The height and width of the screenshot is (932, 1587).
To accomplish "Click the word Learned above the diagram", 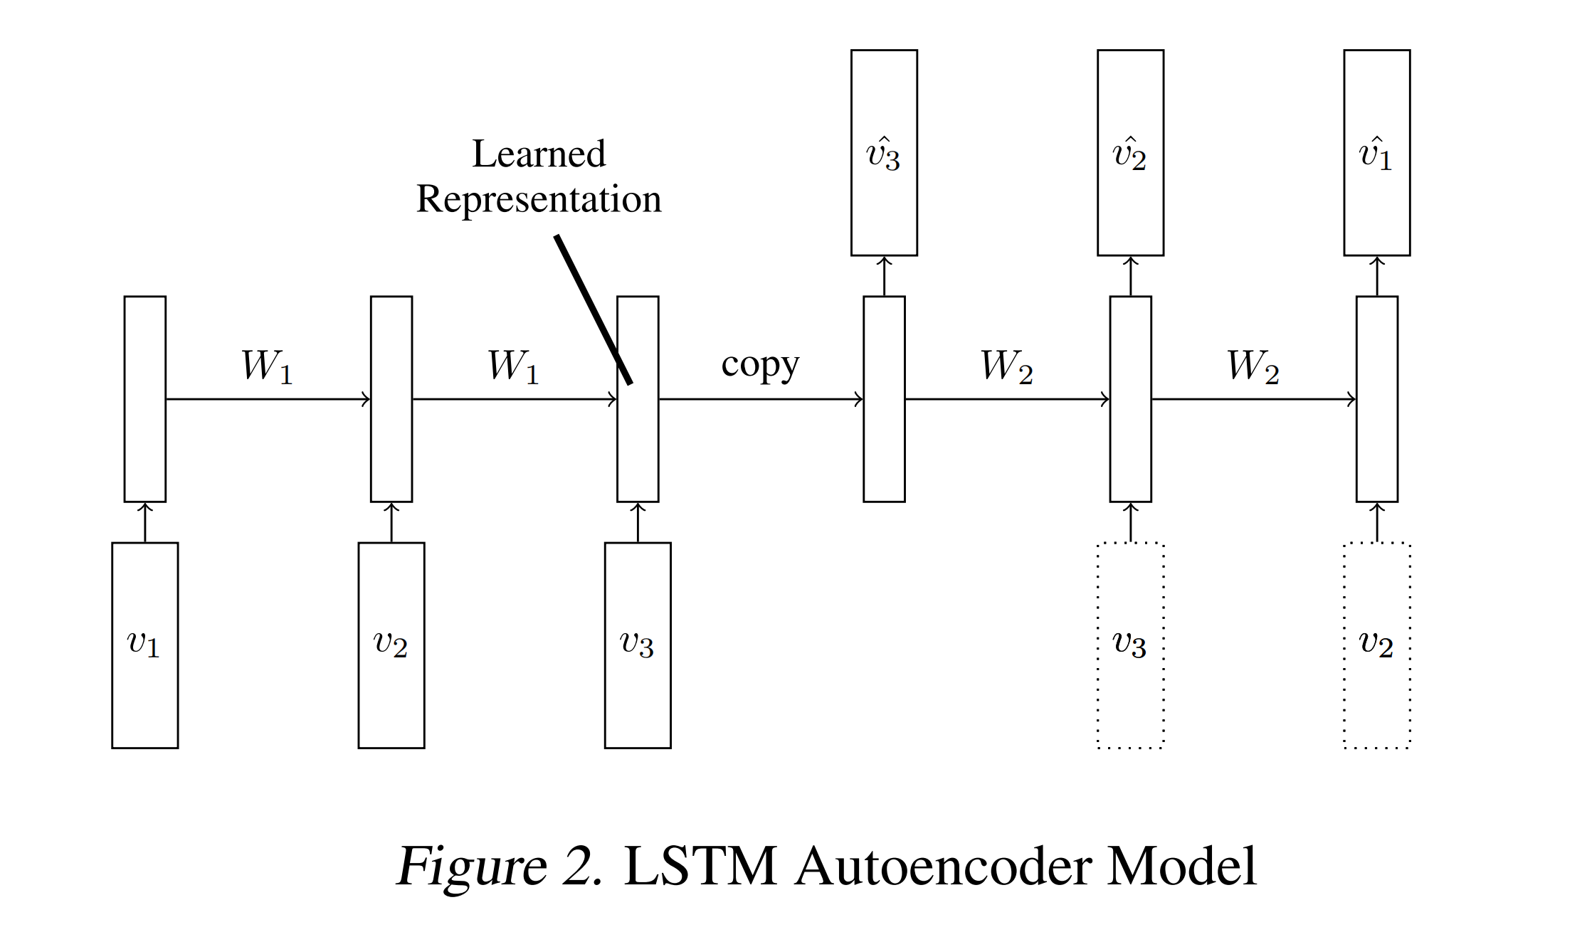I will pyautogui.click(x=539, y=154).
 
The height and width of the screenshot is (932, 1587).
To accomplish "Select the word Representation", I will pyautogui.click(x=539, y=199).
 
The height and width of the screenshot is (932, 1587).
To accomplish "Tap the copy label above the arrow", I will pyautogui.click(x=760, y=365).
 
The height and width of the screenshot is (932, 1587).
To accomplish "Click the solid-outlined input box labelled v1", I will pyautogui.click(x=144, y=645).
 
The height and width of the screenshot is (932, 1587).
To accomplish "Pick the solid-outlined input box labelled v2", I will pyautogui.click(x=391, y=645).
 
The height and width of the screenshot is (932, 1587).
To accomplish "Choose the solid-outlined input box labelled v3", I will pyautogui.click(x=637, y=645).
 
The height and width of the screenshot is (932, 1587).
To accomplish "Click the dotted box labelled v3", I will pyautogui.click(x=1130, y=645).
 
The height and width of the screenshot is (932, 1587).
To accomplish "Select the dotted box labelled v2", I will pyautogui.click(x=1376, y=645).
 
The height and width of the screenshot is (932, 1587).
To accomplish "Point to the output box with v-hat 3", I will pyautogui.click(x=884, y=152).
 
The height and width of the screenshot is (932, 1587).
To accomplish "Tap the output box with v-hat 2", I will pyautogui.click(x=1130, y=152).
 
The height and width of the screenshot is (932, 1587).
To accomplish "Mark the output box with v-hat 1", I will pyautogui.click(x=1376, y=152).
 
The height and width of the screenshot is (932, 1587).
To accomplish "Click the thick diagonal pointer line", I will pyautogui.click(x=594, y=309).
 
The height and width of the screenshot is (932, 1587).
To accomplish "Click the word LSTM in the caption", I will pyautogui.click(x=700, y=867).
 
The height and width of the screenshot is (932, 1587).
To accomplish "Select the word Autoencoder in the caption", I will pyautogui.click(x=943, y=867).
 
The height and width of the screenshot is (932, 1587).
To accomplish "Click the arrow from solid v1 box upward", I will pyautogui.click(x=144, y=522).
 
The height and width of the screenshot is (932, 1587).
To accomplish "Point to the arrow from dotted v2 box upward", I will pyautogui.click(x=1376, y=522).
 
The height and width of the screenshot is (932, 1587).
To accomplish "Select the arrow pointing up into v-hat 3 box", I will pyautogui.click(x=884, y=276).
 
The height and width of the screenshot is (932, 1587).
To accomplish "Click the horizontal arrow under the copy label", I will pyautogui.click(x=760, y=399).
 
